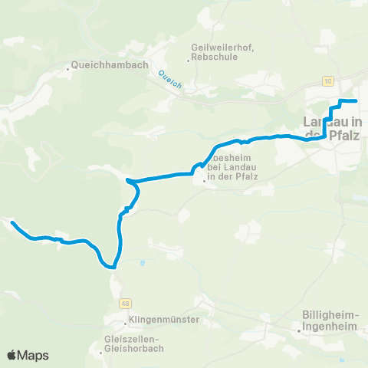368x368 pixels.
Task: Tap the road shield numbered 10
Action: click(x=328, y=80)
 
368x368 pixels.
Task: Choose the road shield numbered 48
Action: click(x=124, y=304)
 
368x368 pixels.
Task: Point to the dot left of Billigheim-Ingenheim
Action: click(x=301, y=331)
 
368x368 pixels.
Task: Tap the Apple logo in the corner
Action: click(x=11, y=356)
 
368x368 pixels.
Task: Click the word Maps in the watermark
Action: click(x=34, y=356)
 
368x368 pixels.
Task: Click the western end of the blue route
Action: click(x=12, y=222)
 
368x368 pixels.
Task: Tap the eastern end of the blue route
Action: click(x=357, y=100)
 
